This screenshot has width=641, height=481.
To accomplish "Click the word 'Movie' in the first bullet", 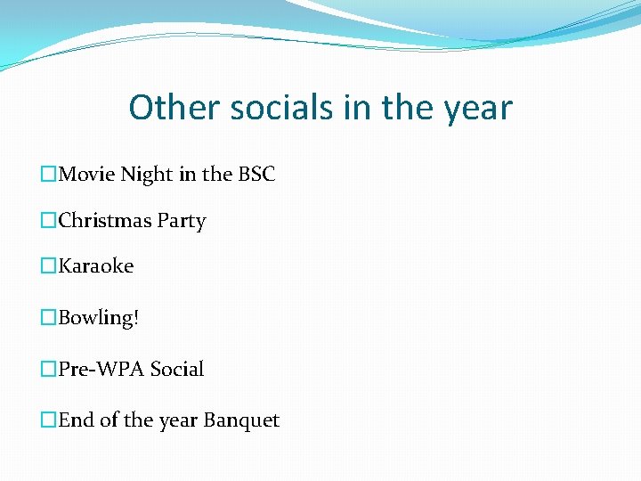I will click(x=85, y=175).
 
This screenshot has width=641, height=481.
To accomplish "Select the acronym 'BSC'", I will click(x=256, y=175).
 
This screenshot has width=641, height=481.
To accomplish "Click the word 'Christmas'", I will click(x=105, y=221).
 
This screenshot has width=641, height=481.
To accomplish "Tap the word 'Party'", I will click(x=182, y=222).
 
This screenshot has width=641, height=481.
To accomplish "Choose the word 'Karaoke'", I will click(x=96, y=266).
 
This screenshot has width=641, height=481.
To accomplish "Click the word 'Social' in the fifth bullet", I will click(x=177, y=369).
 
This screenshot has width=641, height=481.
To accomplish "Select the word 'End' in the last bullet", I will click(x=77, y=420).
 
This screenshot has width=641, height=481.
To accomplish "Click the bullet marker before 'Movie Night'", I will click(x=49, y=175).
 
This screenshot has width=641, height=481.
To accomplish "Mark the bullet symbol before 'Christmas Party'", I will click(x=49, y=222).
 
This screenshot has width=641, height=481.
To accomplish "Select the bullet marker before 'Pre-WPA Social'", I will click(x=49, y=370).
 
